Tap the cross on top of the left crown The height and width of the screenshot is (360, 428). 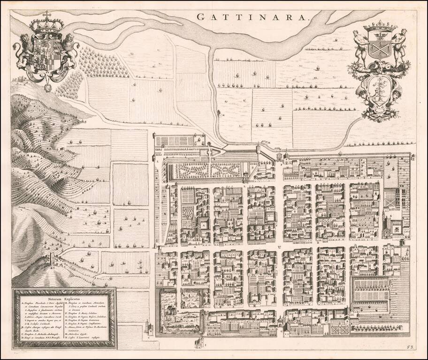pyautogui.click(x=46, y=14)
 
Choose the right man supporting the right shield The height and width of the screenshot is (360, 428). pyautogui.click(x=400, y=47)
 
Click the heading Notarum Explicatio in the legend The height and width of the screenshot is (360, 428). pyautogui.click(x=64, y=298)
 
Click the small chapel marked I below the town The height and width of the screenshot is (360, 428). pyautogui.click(x=198, y=344)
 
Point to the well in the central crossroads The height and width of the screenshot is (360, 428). pyautogui.click(x=280, y=246)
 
